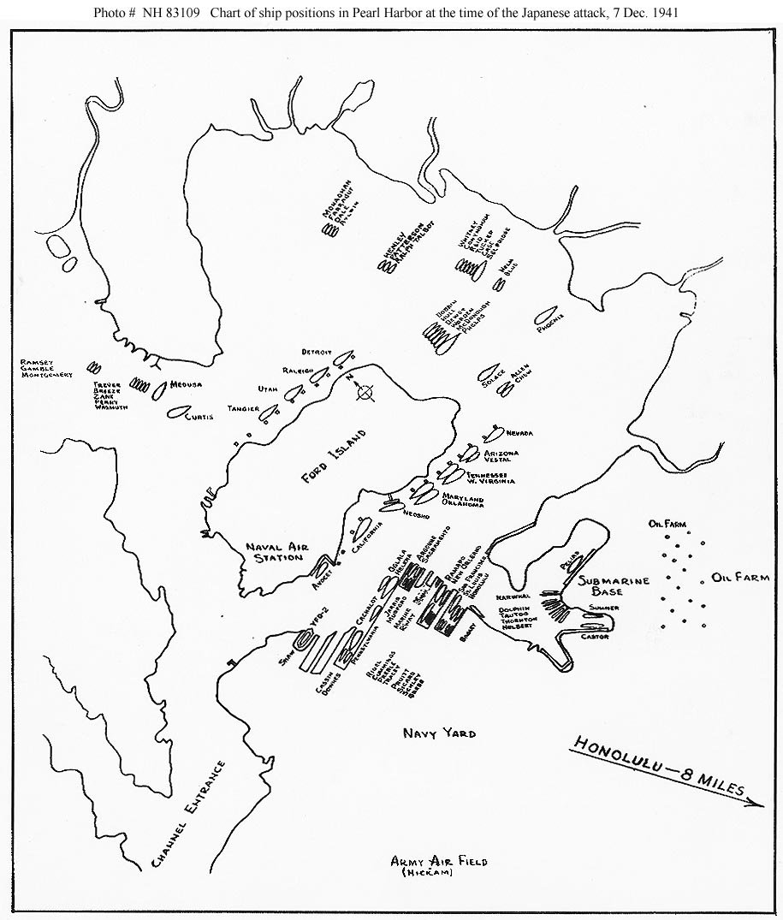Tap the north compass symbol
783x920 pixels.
[365, 393]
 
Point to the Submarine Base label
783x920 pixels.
[614, 586]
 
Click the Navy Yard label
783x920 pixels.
[439, 733]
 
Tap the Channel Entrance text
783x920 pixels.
[190, 815]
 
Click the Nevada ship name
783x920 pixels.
[521, 432]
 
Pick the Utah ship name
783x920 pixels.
[268, 389]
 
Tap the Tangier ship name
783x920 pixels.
[242, 409]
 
